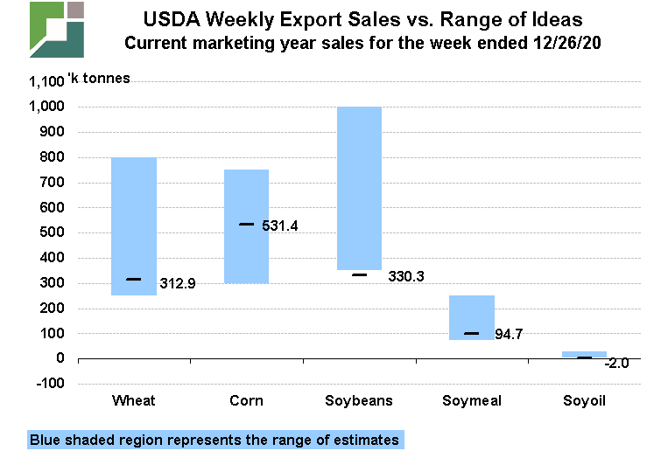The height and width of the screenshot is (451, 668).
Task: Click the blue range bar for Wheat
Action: click(x=134, y=225)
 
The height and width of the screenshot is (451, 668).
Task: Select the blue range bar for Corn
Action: click(x=247, y=225)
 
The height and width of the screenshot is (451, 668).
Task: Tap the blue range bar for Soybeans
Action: click(x=359, y=188)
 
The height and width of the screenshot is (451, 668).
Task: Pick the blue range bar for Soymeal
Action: click(x=472, y=316)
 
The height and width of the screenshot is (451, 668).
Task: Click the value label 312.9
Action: click(x=178, y=283)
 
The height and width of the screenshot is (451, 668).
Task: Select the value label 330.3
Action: click(x=406, y=276)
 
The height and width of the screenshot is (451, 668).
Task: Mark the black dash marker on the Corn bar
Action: click(x=247, y=225)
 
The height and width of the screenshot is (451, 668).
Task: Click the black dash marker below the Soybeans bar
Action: click(x=359, y=274)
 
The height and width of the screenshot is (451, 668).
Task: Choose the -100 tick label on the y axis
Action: click(x=48, y=384)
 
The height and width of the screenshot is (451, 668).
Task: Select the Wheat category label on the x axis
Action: click(x=134, y=400)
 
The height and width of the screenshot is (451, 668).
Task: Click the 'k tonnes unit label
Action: click(x=99, y=79)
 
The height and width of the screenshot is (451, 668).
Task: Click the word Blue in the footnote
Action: click(x=44, y=440)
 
